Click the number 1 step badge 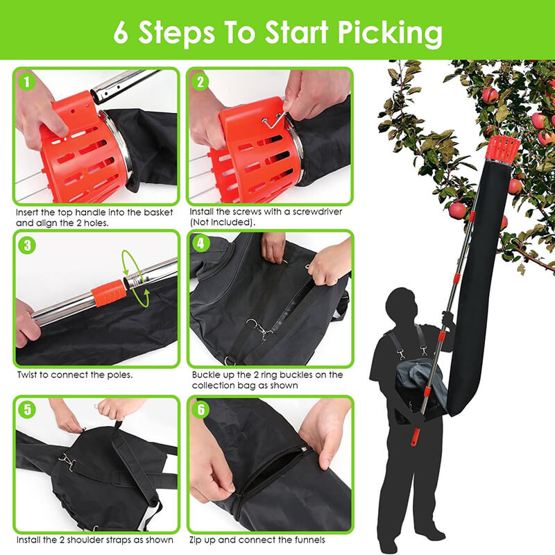tap(27, 82)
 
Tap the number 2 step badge tap(200, 82)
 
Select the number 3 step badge tap(27, 246)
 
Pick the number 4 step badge tap(200, 244)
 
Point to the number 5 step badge tap(27, 409)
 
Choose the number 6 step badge tap(200, 409)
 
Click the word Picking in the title tap(390, 33)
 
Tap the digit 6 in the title tap(121, 32)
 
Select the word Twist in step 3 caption tap(28, 375)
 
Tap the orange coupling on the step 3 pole tap(109, 292)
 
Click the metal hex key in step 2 tap(274, 120)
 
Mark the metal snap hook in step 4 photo tap(260, 328)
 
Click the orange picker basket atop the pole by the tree tap(502, 147)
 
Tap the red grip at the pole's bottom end tap(415, 438)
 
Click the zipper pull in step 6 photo tap(303, 450)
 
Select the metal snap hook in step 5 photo tap(67, 461)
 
